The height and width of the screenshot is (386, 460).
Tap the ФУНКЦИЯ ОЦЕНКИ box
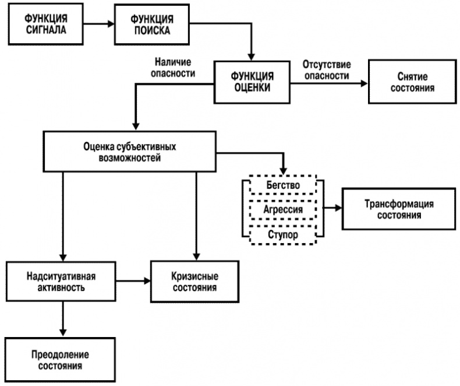point(252,83)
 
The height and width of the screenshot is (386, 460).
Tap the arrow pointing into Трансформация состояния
point(332,207)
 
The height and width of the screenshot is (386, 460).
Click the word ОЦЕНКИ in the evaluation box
point(252,88)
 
